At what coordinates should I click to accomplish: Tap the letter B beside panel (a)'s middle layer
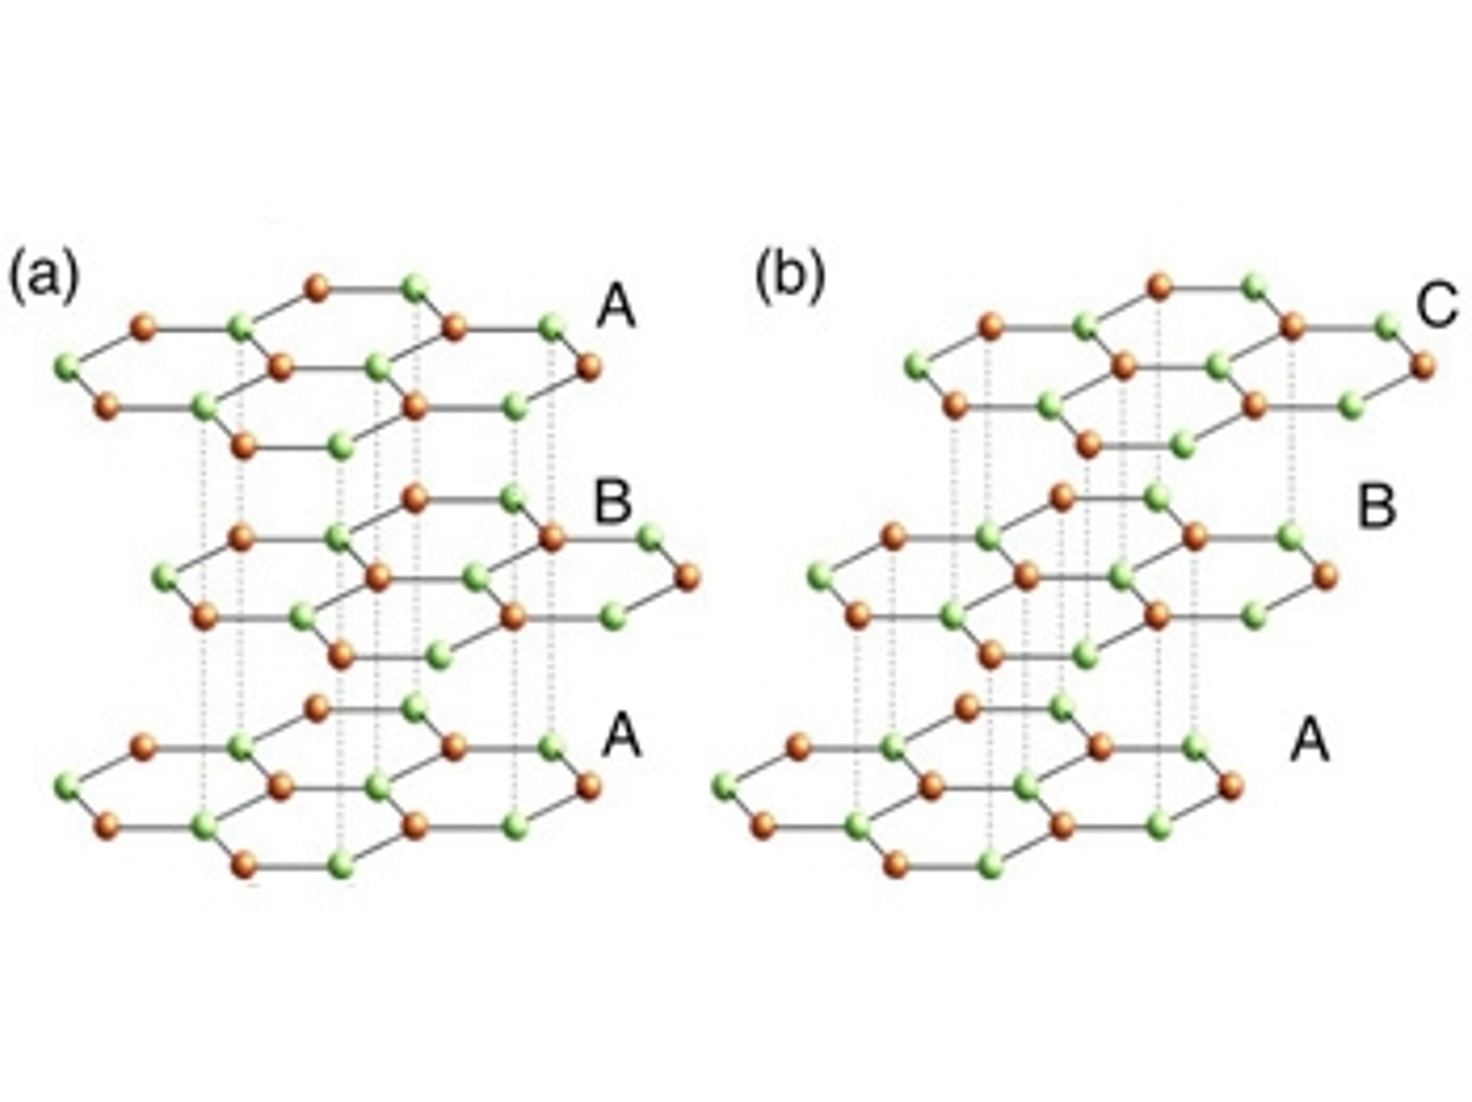612,504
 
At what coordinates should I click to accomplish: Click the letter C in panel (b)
1438,305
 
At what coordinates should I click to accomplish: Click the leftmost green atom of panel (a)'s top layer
67,366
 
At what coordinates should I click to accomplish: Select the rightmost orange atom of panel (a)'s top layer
589,367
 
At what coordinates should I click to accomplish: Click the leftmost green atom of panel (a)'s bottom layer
67,786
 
